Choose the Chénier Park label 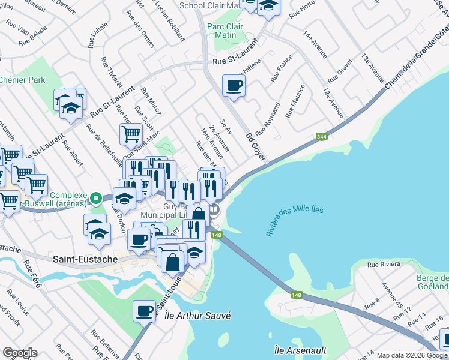[22, 79]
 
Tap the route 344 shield [321, 137]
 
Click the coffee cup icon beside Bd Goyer [233, 85]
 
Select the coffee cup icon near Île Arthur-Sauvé [144, 310]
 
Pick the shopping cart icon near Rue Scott [130, 134]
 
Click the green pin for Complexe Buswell [95, 196]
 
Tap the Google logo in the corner [19, 353]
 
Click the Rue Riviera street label [384, 264]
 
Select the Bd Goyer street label [255, 142]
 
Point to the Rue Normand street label [268, 119]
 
